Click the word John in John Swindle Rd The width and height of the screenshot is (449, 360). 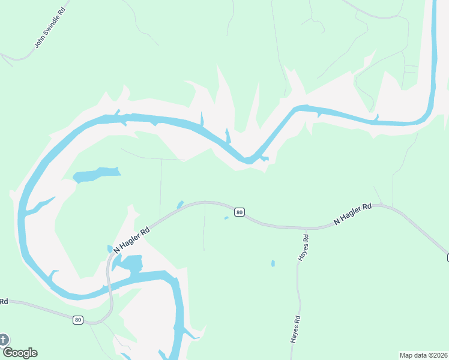[x=40, y=43]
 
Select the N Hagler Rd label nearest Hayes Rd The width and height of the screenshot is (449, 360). [x=353, y=214]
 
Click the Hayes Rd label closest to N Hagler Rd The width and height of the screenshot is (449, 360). [x=304, y=246]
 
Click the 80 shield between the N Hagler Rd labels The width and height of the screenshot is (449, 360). [x=240, y=212]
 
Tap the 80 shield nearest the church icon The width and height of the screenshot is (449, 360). [x=78, y=320]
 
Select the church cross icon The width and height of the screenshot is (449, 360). [x=4, y=340]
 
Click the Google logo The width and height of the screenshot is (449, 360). [x=20, y=353]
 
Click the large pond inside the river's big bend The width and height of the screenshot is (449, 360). [x=96, y=175]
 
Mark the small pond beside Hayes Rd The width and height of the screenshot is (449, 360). [x=273, y=263]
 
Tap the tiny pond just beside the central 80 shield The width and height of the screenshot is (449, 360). [x=226, y=218]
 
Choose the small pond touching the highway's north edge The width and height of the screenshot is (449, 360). [x=179, y=205]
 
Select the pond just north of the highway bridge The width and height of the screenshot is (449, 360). [x=130, y=263]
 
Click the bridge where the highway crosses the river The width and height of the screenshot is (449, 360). [x=109, y=287]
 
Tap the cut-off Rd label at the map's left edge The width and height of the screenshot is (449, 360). [x=4, y=301]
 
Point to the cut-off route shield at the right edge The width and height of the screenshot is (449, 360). [x=447, y=257]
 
